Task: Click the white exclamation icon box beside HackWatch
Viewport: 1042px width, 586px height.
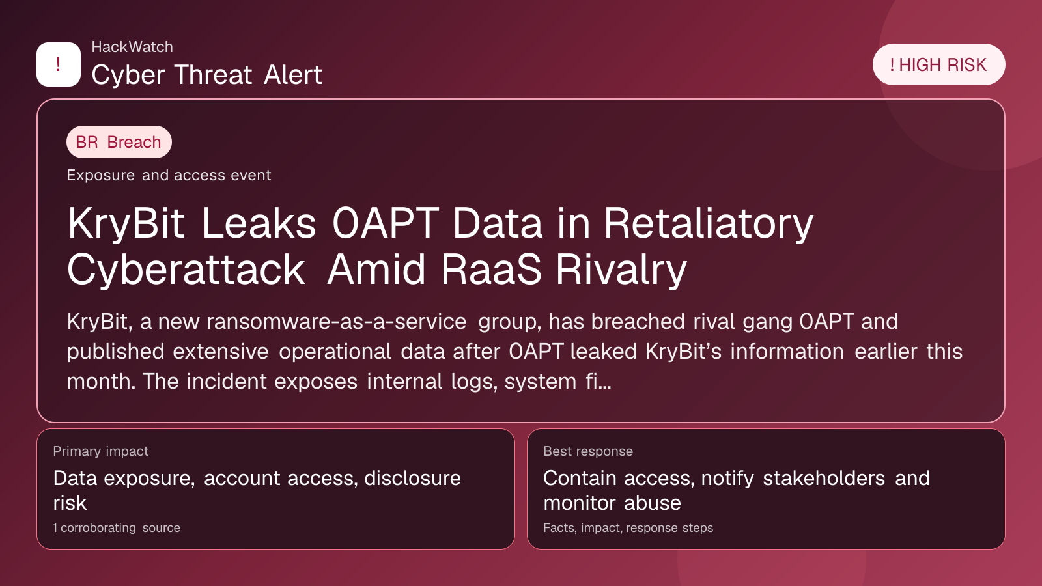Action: pos(59,64)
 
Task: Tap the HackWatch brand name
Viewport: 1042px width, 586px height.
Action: pos(132,47)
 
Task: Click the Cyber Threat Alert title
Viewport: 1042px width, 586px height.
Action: pos(206,75)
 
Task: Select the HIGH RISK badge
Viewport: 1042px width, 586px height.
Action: pos(938,64)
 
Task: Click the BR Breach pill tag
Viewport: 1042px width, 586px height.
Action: pos(119,142)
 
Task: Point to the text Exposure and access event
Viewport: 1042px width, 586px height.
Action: pos(169,175)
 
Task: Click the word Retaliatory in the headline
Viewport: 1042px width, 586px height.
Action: pos(709,225)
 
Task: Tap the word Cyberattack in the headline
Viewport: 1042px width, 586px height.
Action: pos(186,270)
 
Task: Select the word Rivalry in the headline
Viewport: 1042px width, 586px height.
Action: pos(621,270)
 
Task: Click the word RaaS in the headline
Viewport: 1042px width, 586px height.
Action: pos(491,270)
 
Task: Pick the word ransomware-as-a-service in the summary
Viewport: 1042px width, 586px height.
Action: pos(336,322)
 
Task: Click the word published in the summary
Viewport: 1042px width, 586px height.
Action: pos(115,352)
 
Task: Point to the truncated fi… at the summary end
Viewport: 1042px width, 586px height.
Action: pos(598,382)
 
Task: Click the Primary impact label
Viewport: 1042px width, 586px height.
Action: pos(100,451)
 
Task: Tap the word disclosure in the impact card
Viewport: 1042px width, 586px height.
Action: pos(413,478)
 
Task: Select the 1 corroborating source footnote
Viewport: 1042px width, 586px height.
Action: pos(117,528)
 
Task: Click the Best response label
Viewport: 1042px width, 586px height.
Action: pos(588,451)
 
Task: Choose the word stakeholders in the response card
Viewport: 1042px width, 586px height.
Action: pos(824,478)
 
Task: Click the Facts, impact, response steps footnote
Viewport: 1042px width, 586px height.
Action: pos(628,528)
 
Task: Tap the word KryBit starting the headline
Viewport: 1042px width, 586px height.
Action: pos(126,225)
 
